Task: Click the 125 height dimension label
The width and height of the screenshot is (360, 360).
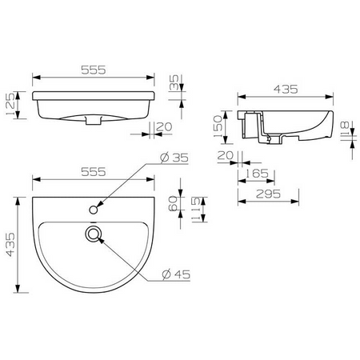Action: tap(10, 104)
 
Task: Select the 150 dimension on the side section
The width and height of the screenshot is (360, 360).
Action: tap(218, 126)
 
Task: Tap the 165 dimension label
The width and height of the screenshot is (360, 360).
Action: tap(256, 174)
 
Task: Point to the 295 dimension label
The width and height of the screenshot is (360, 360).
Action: tap(268, 194)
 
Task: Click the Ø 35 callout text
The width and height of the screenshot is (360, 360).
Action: tap(174, 158)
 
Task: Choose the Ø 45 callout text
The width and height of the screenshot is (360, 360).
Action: tap(177, 274)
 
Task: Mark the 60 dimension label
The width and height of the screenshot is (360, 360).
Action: tap(174, 203)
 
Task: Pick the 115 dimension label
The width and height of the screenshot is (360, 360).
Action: tap(196, 209)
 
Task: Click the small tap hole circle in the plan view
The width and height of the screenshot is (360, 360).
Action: tap(93, 210)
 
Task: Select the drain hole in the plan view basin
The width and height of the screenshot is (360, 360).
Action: tap(94, 234)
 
